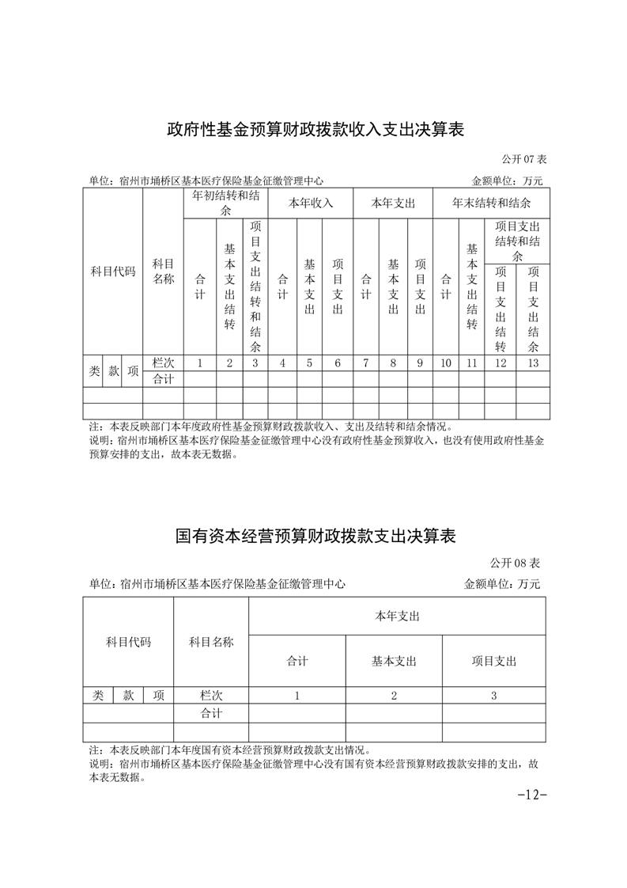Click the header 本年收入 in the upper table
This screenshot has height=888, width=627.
pos(310,203)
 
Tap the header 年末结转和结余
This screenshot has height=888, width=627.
pos(491,203)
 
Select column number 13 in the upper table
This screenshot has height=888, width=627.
pos(533,363)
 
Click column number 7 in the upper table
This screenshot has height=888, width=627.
pos(365,363)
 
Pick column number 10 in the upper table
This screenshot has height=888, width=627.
pos(446,363)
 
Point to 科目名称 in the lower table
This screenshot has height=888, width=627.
pos(211,642)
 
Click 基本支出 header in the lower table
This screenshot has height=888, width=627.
pos(394,661)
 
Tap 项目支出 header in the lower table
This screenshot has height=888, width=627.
pos(493,661)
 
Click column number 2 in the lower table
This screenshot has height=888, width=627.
pos(394,696)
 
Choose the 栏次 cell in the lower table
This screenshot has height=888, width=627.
pos(211,696)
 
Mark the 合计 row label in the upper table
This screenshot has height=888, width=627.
pos(163,379)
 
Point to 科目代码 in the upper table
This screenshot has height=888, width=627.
pos(113,271)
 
